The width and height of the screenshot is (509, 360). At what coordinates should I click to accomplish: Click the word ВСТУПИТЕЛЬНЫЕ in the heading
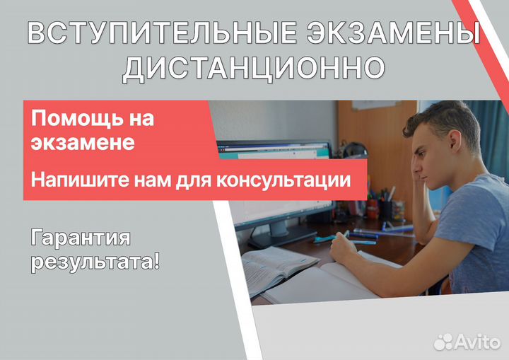tap(162, 32)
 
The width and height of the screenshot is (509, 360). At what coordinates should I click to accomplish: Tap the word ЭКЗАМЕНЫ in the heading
tap(394, 32)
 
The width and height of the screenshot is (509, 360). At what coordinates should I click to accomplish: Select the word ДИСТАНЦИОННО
tap(254, 69)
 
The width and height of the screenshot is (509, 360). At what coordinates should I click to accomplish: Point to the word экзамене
tap(83, 142)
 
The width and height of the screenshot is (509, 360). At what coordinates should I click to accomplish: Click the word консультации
tap(283, 180)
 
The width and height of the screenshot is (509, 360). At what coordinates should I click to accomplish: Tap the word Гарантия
tap(81, 238)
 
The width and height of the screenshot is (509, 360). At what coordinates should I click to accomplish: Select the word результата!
tap(95, 262)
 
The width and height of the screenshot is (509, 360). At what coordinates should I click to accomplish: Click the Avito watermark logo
tap(467, 342)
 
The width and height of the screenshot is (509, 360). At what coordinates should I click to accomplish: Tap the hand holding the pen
tap(343, 248)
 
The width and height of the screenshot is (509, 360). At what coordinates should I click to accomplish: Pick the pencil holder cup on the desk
tap(387, 209)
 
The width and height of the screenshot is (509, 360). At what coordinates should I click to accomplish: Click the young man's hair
tap(445, 120)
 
